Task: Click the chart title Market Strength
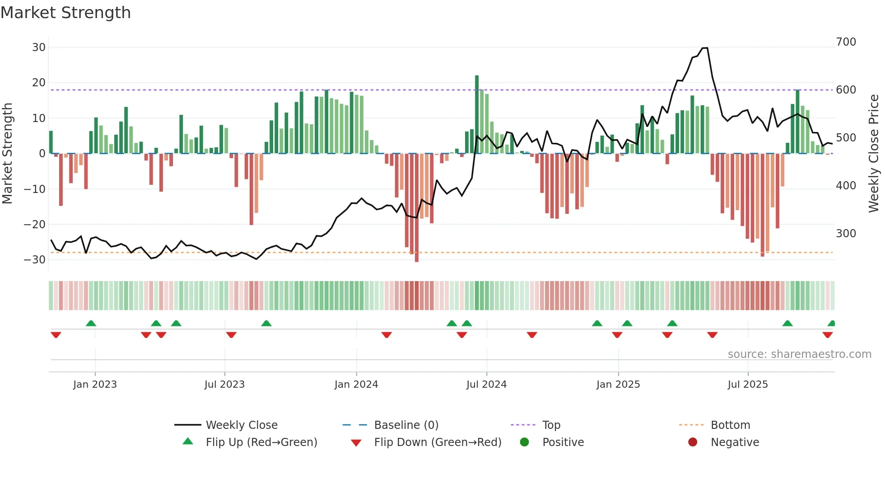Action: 65,13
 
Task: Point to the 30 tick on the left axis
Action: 39,47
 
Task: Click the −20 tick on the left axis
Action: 35,225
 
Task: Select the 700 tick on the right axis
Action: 846,42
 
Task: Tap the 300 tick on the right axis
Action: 846,234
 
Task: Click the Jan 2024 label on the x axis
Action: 356,385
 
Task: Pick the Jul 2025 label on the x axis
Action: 748,385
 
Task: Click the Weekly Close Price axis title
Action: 874,154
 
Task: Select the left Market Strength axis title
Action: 8,154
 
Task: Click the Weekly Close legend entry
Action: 242,425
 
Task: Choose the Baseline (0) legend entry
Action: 406,425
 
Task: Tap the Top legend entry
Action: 551,425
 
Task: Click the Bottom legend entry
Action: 730,425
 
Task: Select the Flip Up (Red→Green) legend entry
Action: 261,442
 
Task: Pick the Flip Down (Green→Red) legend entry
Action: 438,442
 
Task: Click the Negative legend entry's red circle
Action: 693,442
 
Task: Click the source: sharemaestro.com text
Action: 799,354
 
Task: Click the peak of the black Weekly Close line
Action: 705,48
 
